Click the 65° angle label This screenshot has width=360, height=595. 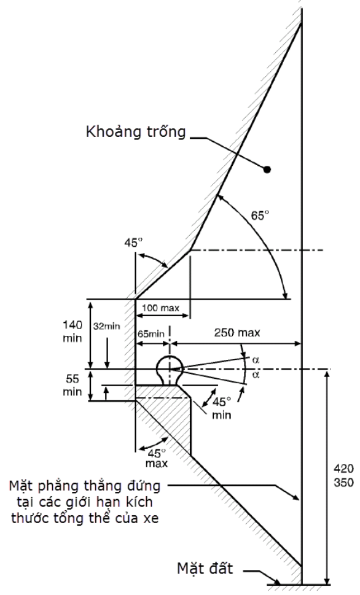coord(260,215)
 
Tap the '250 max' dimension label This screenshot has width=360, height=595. coord(237,333)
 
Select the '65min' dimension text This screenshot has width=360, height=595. coord(151,334)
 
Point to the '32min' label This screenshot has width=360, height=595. coord(107,326)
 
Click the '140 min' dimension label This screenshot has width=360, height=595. coord(72,332)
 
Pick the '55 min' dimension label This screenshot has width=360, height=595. coord(72,385)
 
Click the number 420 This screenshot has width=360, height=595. coord(343,469)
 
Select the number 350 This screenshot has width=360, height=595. coord(343,483)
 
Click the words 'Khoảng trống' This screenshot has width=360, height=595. coord(136,133)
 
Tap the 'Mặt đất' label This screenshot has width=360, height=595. coord(205,568)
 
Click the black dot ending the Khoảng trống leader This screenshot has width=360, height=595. coord(267,169)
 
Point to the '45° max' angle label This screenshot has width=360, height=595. coord(157,457)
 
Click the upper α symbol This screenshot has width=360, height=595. coord(256,360)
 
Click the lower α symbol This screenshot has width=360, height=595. coord(256,375)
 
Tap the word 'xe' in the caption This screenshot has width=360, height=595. coord(151,519)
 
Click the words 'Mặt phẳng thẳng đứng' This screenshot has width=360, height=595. coord(85,486)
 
